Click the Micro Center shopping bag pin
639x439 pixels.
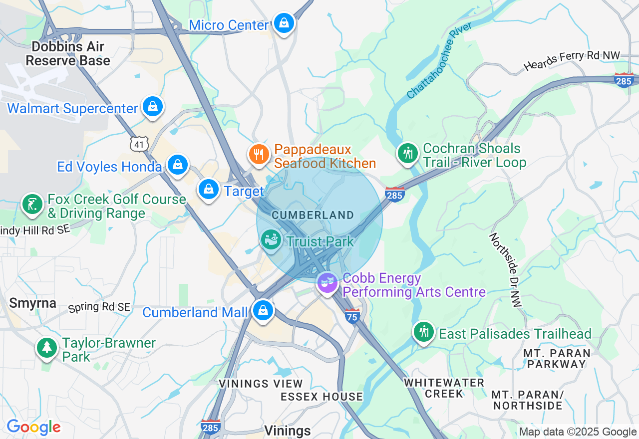pyautogui.click(x=284, y=23)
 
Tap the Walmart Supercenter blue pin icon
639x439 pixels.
pyautogui.click(x=152, y=106)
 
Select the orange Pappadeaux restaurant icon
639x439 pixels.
pyautogui.click(x=258, y=154)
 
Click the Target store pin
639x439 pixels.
pyautogui.click(x=209, y=190)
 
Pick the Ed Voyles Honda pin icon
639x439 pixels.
pyautogui.click(x=177, y=165)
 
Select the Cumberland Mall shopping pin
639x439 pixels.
pyautogui.click(x=263, y=310)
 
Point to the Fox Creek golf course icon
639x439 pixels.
pyautogui.click(x=32, y=205)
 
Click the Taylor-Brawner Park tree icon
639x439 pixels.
pyautogui.click(x=47, y=347)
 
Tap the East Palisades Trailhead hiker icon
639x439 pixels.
pyautogui.click(x=424, y=332)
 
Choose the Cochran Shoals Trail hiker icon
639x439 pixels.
pyautogui.click(x=408, y=153)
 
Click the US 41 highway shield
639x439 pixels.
pyautogui.click(x=139, y=144)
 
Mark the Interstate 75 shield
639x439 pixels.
pyautogui.click(x=352, y=316)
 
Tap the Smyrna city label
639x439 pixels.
pyautogui.click(x=32, y=303)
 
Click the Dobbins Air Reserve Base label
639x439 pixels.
pyautogui.click(x=68, y=54)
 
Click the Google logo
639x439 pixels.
pyautogui.click(x=33, y=428)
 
